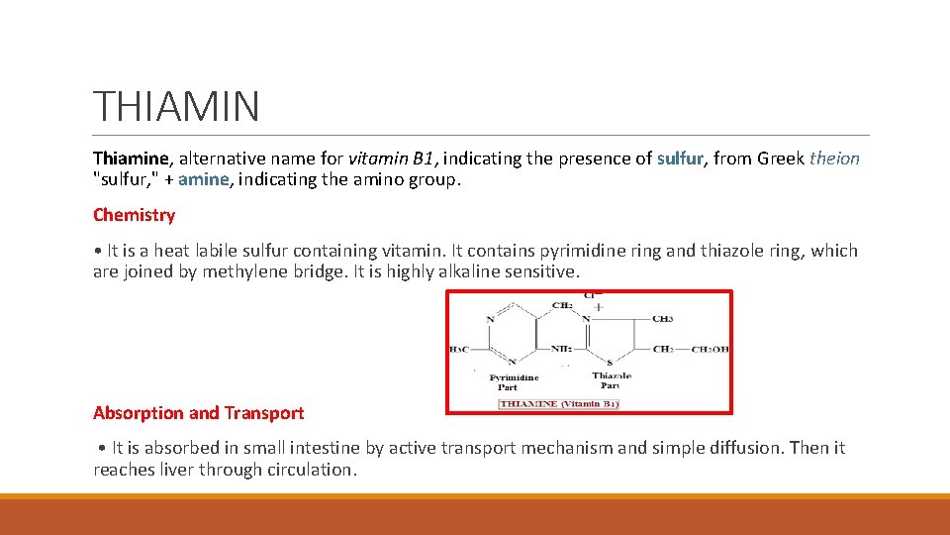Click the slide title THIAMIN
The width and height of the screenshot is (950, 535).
tap(176, 106)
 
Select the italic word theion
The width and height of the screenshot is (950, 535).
tap(835, 159)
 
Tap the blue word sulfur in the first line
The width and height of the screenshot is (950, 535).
tap(680, 159)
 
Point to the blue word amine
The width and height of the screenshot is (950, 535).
tap(204, 179)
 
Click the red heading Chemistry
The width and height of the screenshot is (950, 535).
tap(134, 215)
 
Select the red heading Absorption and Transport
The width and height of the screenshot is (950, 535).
tap(198, 413)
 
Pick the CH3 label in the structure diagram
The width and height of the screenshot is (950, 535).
tap(665, 319)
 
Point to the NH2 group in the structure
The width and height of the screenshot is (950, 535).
tap(561, 349)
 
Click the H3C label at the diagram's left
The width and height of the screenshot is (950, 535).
tap(460, 349)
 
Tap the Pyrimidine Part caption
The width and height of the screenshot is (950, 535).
tap(514, 381)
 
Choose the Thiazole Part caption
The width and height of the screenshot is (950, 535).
tap(612, 380)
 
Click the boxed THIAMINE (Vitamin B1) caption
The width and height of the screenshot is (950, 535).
tap(558, 404)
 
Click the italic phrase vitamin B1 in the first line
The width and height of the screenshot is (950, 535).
tap(392, 159)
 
